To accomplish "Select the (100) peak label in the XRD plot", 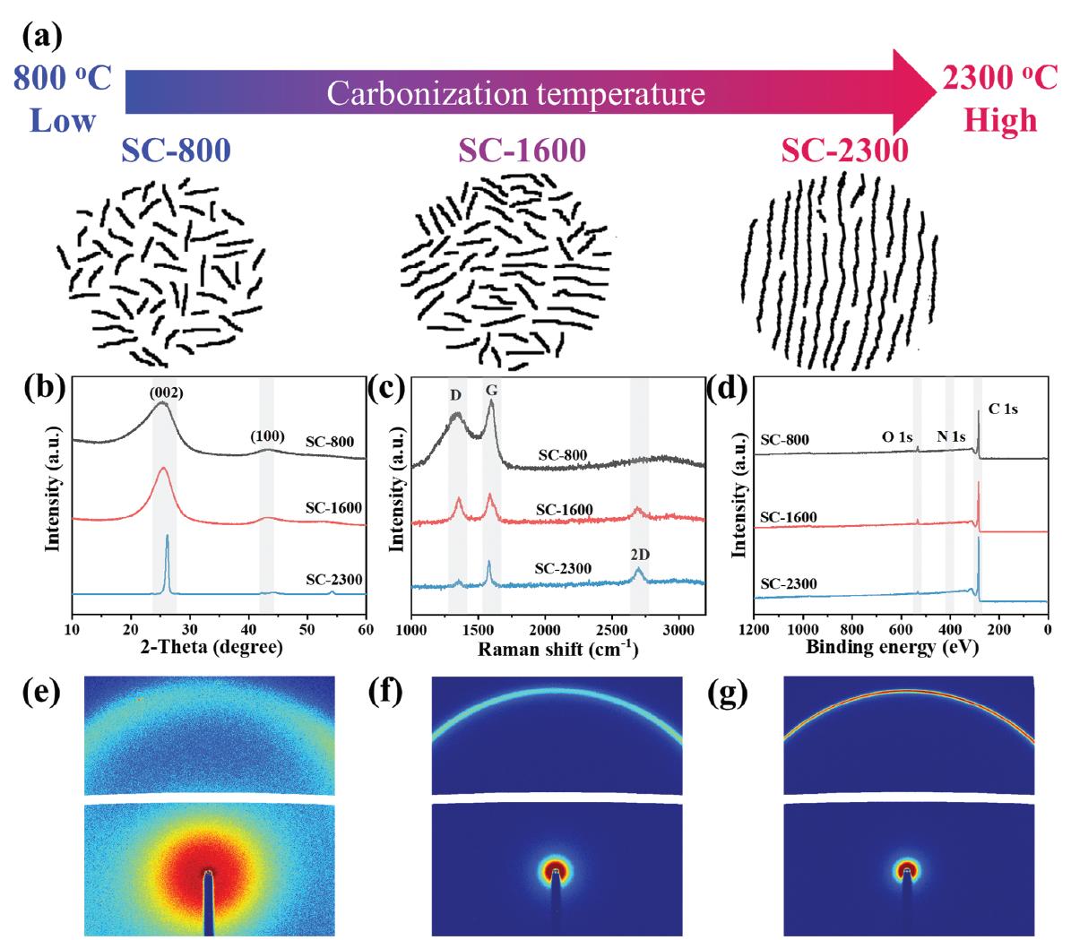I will tap(268, 436).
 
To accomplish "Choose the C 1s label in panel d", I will tap(1003, 409).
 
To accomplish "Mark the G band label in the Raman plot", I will tap(491, 392).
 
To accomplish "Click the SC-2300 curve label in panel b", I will tap(333, 579).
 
